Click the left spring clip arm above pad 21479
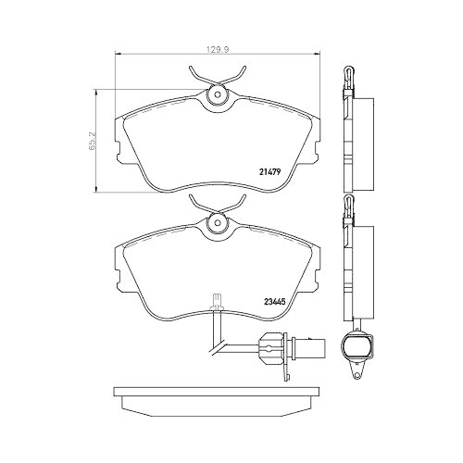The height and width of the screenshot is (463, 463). pos(197,74)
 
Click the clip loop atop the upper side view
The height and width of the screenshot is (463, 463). pos(348,72)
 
